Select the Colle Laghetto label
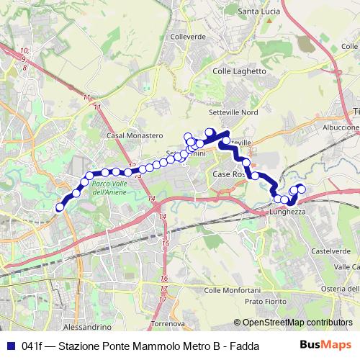point(240,71)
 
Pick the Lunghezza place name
point(288,212)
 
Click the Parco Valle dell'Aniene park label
point(109,189)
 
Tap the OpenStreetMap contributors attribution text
point(294,323)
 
